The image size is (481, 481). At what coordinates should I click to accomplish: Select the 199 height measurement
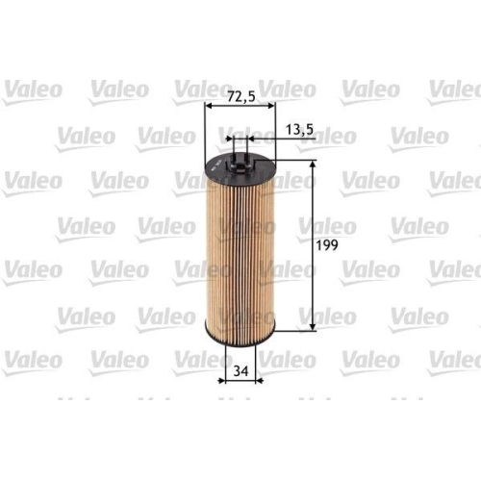(x=328, y=247)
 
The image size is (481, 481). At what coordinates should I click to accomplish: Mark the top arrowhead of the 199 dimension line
(x=314, y=165)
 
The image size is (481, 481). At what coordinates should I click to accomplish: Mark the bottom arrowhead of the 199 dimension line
(x=314, y=329)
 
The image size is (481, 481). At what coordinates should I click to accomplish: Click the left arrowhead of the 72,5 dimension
(x=208, y=107)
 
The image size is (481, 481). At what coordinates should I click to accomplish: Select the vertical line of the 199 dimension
(x=314, y=247)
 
